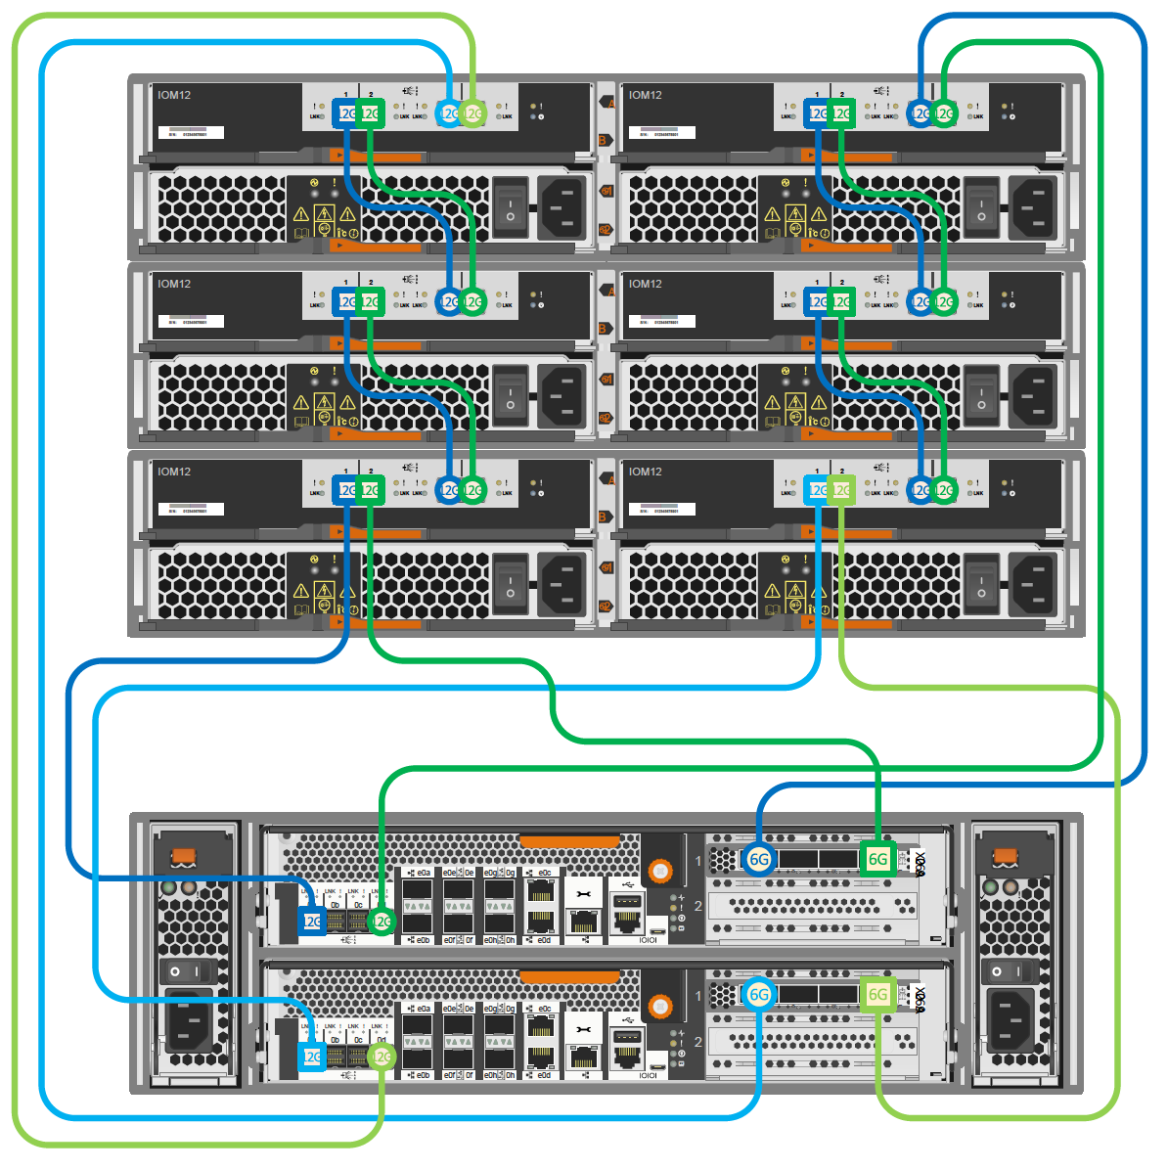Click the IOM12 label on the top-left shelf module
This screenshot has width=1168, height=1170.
click(x=174, y=95)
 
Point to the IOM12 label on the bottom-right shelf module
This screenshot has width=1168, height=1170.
click(x=646, y=472)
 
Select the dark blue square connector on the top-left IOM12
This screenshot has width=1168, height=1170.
click(x=345, y=113)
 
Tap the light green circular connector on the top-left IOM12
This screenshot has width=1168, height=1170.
click(x=472, y=113)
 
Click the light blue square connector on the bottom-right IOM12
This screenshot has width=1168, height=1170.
click(x=817, y=490)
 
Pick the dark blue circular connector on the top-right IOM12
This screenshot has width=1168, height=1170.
click(x=920, y=113)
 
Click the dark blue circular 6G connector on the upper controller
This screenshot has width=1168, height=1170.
click(x=759, y=859)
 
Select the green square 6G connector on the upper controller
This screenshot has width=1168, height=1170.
click(x=877, y=859)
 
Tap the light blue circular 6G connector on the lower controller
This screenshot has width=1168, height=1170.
click(x=759, y=995)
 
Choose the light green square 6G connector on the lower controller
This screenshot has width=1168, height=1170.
click(x=877, y=995)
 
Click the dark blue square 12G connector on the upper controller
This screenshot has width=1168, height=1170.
click(x=311, y=921)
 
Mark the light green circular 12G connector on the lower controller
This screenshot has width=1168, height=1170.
click(x=382, y=1057)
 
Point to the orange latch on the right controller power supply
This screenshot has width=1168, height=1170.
click(x=1004, y=857)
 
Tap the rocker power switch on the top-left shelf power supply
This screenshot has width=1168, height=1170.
click(x=510, y=207)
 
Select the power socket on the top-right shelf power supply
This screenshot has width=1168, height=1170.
click(x=1031, y=207)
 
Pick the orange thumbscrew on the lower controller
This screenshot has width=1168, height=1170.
click(x=660, y=1006)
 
